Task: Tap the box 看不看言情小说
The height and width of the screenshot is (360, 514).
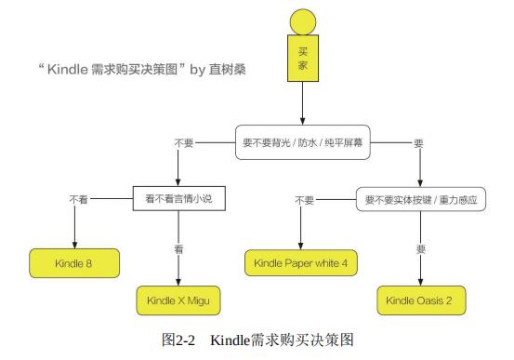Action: pos(178,199)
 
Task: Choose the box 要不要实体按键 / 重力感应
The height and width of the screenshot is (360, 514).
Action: pos(420,199)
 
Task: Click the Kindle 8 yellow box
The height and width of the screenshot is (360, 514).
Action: pos(75,263)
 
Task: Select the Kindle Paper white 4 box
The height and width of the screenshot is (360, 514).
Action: pos(301,263)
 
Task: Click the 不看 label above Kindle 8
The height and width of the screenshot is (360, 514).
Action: pos(78,199)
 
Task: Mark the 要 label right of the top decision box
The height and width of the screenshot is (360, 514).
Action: pos(418,143)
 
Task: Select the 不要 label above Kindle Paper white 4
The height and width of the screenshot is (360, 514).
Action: pos(304,199)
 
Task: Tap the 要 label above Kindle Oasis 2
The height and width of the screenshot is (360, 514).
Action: pos(421,249)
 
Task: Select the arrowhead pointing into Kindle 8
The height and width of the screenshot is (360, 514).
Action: pos(74,243)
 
